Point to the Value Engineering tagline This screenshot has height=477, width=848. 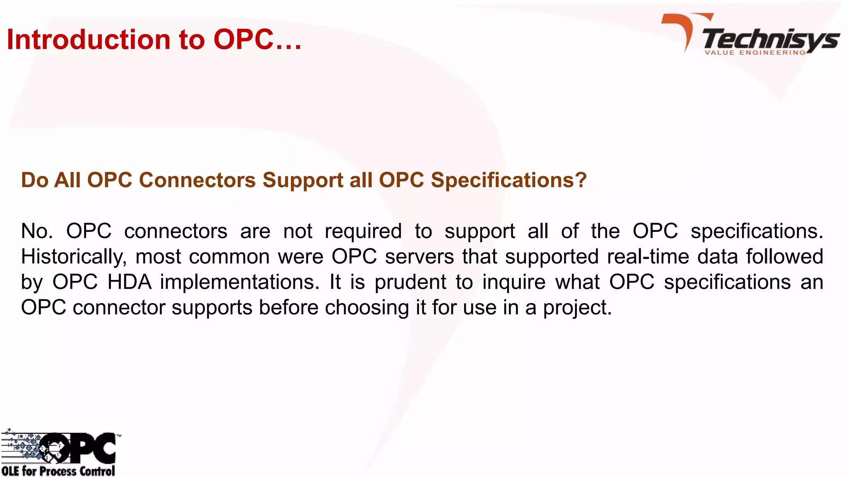pyautogui.click(x=755, y=53)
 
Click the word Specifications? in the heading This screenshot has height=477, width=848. pyautogui.click(x=508, y=180)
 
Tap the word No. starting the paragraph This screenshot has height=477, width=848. pyautogui.click(x=37, y=231)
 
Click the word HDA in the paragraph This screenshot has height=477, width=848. pyautogui.click(x=130, y=282)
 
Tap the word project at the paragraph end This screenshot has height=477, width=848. pyautogui.click(x=577, y=308)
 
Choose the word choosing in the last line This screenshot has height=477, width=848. pyautogui.click(x=367, y=308)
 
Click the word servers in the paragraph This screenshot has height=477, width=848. pyautogui.click(x=419, y=257)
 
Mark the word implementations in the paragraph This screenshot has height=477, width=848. pyautogui.click(x=240, y=282)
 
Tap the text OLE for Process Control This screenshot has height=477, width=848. pyautogui.click(x=58, y=471)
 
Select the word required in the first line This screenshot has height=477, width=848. pyautogui.click(x=363, y=231)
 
